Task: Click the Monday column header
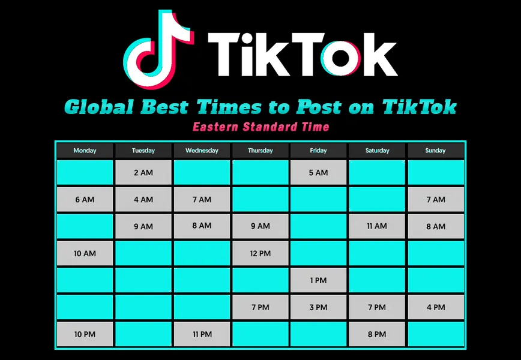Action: click(85, 151)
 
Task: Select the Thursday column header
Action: click(260, 151)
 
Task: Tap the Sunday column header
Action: click(436, 151)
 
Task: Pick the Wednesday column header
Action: click(202, 151)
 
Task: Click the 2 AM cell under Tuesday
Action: click(143, 173)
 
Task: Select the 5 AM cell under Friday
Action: click(318, 173)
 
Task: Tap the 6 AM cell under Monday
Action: click(85, 200)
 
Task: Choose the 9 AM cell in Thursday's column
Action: click(260, 226)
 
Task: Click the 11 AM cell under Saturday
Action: click(377, 226)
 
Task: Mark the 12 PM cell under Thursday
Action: click(260, 253)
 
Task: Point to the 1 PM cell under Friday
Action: click(318, 280)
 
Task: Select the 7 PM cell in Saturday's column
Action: click(377, 307)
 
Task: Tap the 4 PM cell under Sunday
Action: click(436, 307)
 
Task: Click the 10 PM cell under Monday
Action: click(85, 334)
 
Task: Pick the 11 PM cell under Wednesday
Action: click(202, 334)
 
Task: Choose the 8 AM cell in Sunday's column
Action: click(436, 226)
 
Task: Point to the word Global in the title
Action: click(99, 107)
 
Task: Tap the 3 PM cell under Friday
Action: click(318, 307)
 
